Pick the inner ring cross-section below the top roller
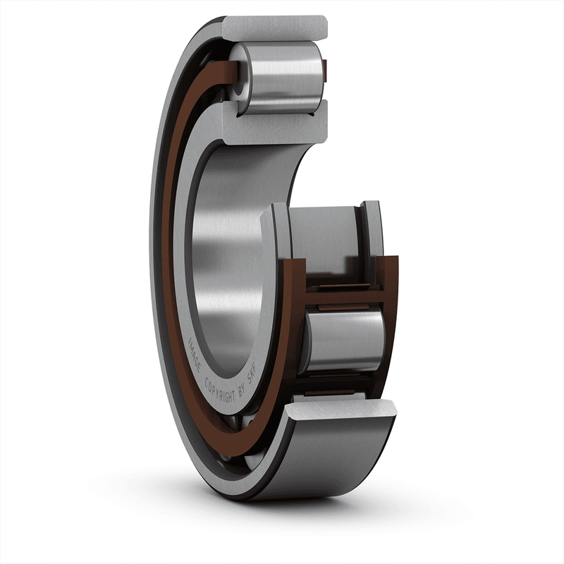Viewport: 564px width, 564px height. (x=282, y=127)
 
